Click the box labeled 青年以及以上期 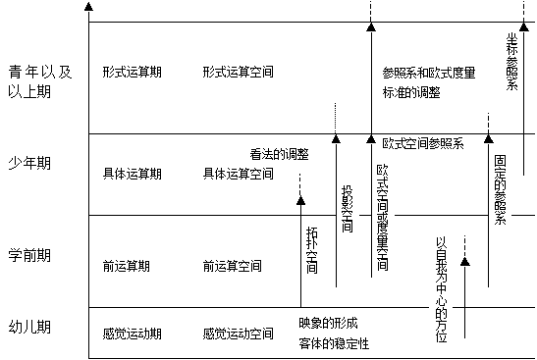(41, 80)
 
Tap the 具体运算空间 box (240, 174)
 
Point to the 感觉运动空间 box (239, 333)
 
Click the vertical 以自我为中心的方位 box (441, 289)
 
